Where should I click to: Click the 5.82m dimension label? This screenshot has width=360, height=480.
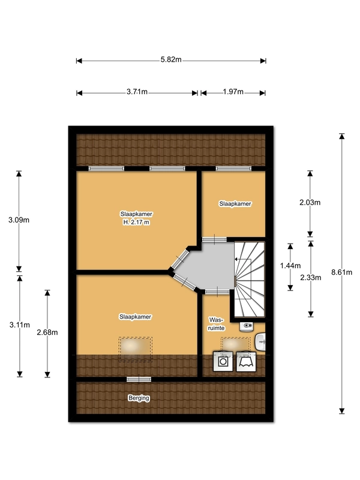[171, 59]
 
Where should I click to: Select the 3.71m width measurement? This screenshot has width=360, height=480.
[137, 92]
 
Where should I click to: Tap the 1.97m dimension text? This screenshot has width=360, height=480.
[233, 92]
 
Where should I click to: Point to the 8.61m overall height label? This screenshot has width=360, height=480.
[341, 272]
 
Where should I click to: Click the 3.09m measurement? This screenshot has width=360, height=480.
[19, 220]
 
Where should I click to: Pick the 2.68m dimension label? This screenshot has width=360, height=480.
[47, 332]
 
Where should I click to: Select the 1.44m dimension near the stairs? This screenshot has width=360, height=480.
[290, 266]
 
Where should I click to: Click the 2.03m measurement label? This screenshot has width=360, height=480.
[310, 202]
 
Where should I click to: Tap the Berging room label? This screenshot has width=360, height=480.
[139, 398]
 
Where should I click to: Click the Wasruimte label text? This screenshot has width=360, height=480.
[217, 324]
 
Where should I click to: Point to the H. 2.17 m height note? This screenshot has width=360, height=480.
[136, 223]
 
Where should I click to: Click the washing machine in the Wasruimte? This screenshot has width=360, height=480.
[223, 362]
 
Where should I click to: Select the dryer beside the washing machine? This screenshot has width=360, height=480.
[246, 362]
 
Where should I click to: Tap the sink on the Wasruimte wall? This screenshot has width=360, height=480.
[260, 341]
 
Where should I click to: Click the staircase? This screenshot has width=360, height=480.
[249, 280]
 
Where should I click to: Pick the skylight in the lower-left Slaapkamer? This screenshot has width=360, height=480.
[136, 349]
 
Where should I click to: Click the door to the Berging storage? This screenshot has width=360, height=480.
[139, 379]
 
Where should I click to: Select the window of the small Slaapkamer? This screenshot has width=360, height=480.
[233, 169]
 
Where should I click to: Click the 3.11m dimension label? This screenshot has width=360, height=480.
[20, 325]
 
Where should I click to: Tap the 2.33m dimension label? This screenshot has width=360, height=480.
[311, 278]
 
